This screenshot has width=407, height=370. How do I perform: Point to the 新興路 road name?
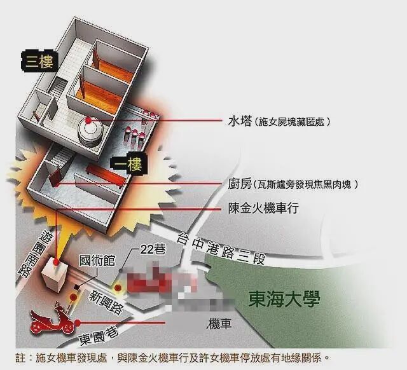click(107, 301)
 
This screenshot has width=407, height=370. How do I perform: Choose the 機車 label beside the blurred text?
click(217, 324)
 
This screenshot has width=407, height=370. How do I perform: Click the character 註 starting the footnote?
click(22, 357)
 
